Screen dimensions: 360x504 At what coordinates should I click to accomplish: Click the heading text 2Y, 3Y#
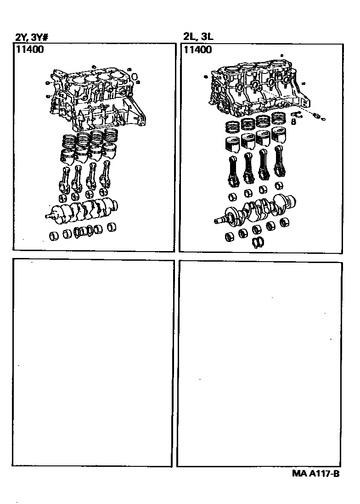coord(32,38)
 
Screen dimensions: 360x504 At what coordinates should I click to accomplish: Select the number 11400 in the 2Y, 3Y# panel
coord(29,50)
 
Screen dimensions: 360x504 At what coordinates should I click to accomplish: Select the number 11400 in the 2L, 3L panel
coord(197,50)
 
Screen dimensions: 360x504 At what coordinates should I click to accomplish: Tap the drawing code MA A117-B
coord(315,473)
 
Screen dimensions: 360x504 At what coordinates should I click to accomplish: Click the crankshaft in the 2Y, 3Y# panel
coord(82,211)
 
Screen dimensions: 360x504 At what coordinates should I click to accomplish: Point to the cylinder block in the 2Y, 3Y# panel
coord(96,98)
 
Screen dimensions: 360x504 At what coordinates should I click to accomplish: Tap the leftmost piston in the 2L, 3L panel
coord(232,144)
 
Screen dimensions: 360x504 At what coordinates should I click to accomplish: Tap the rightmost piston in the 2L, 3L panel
coord(279,135)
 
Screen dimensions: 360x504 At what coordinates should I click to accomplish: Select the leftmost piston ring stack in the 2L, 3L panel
coord(232,127)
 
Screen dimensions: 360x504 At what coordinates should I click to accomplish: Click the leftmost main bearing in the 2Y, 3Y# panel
coord(54,236)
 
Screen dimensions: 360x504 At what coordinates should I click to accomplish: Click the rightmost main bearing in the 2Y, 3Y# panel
coord(112,227)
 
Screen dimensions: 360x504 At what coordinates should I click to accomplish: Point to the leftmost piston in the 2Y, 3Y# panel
coord(67,156)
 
